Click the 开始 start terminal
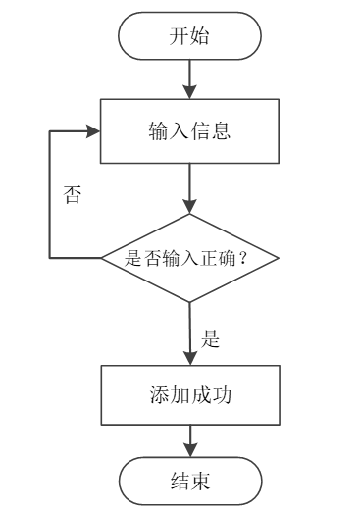tap(190, 36)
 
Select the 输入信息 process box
tap(190, 130)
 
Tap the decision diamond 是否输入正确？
tap(190, 259)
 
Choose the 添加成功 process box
tap(190, 394)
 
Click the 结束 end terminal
tap(190, 482)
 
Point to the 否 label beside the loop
tap(72, 194)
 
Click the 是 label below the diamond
tap(210, 340)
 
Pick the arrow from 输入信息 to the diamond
tap(190, 186)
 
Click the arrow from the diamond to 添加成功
tap(190, 333)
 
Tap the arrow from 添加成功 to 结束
tap(190, 441)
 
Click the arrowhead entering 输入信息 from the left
tap(96, 130)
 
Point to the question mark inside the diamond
tap(242, 260)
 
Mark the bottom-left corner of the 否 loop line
tap(50, 259)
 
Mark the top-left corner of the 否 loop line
tap(50, 130)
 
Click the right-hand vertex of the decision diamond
tap(280, 259)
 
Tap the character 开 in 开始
tap(180, 37)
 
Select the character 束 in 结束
tap(202, 482)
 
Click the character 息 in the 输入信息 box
tap(223, 130)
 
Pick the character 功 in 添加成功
tap(223, 394)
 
